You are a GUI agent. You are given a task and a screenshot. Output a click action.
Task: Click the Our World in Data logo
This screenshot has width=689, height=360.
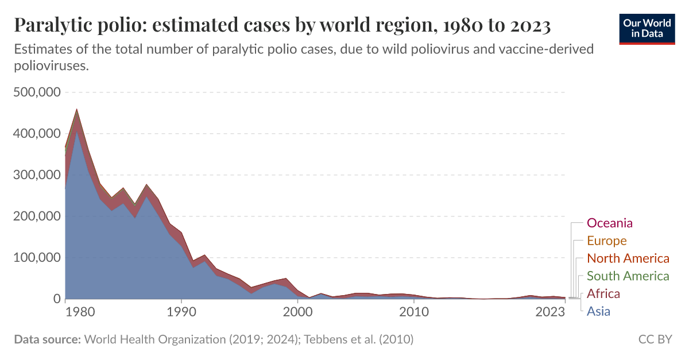pos(647,28)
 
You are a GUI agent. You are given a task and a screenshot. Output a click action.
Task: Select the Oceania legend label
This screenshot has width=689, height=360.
pos(610,223)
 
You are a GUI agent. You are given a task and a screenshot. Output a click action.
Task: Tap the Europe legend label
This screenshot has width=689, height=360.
pos(606,241)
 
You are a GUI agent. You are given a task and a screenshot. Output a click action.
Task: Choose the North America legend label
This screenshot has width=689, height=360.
pos(628,258)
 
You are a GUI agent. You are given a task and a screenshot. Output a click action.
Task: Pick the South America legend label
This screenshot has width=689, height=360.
pos(628,276)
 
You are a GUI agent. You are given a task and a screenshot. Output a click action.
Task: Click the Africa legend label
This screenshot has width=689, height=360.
pos(603,294)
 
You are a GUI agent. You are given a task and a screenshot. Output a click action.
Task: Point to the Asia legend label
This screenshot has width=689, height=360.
pos(598,312)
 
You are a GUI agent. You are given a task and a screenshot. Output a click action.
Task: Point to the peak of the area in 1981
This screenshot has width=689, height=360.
pos(77,109)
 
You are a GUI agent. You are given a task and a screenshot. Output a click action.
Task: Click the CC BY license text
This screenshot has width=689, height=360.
pos(655,340)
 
